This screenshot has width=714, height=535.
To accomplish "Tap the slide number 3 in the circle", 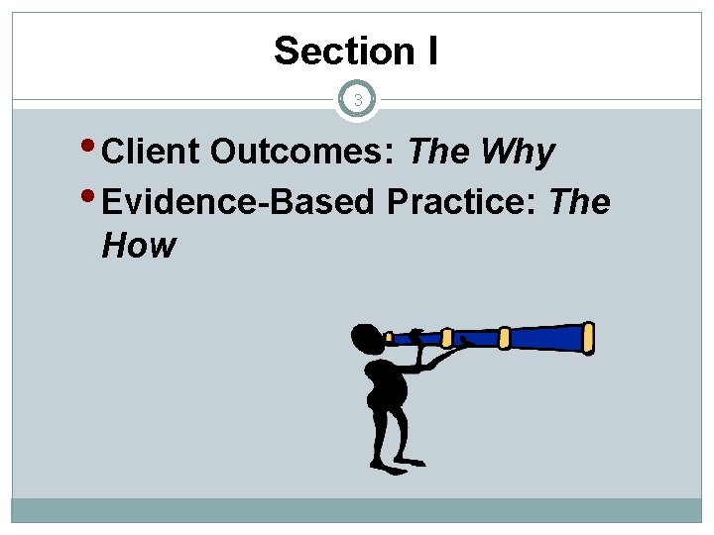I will click(357, 100).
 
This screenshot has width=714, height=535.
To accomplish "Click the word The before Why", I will click(439, 153).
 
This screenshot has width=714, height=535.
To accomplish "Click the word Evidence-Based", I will click(238, 202).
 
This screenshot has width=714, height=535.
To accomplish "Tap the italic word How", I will click(138, 245).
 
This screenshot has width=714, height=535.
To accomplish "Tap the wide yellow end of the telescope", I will click(588, 337).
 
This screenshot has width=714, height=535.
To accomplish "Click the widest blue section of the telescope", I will click(546, 337).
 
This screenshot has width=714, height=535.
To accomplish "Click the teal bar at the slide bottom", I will click(357, 510).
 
